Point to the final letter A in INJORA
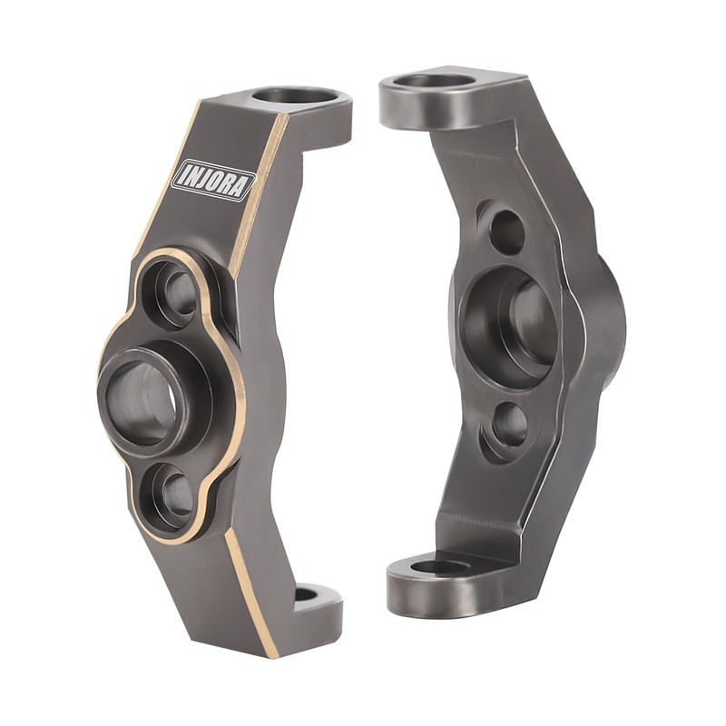tap(238, 189)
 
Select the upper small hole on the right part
tap(506, 231)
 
